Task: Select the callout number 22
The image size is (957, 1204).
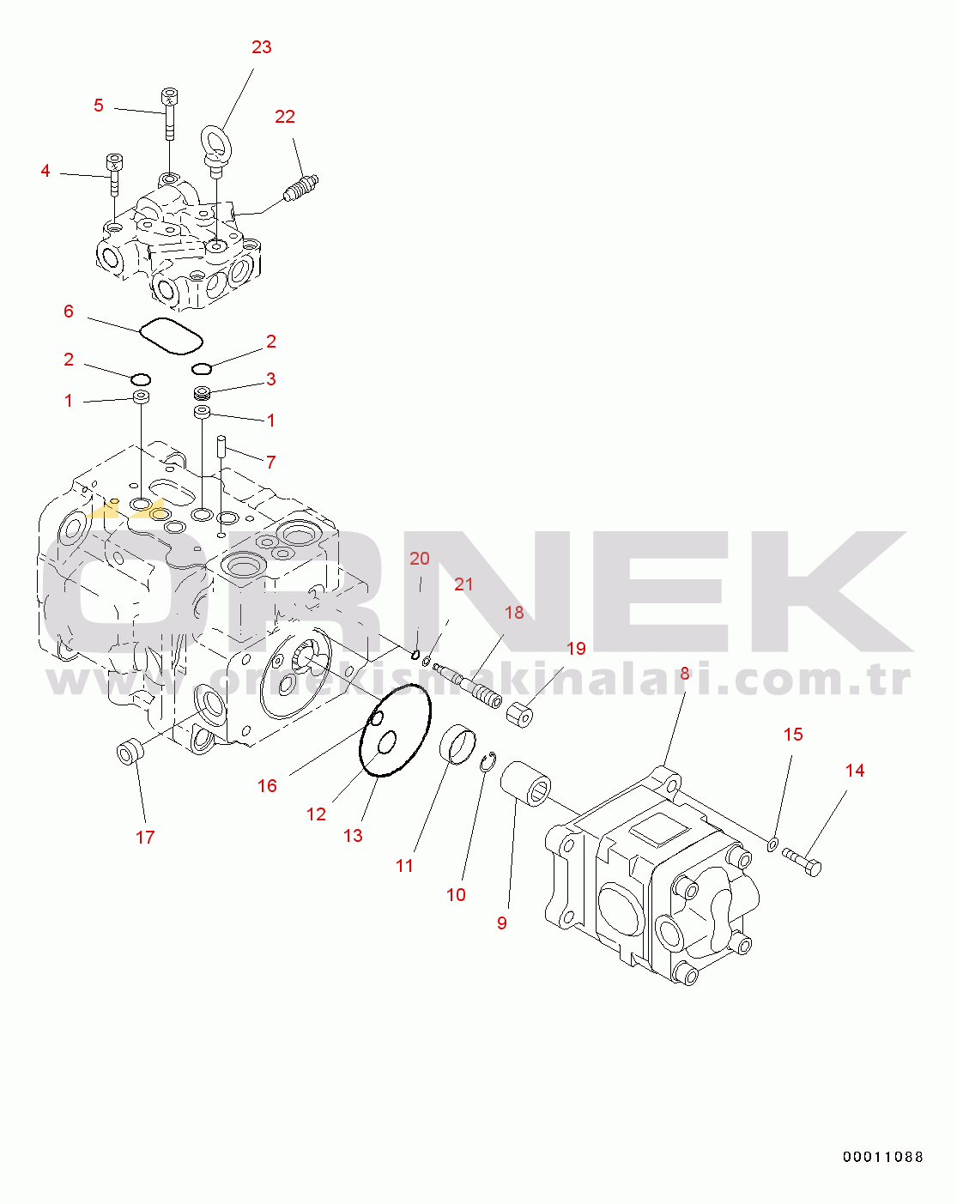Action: pos(285,117)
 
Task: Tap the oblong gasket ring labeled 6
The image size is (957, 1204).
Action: pos(171,336)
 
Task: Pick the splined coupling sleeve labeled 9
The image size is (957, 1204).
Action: pos(526,782)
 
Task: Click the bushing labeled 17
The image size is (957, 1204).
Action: pos(130,753)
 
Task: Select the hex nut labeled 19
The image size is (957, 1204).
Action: pos(521,714)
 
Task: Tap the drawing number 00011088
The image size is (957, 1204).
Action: pos(882,1157)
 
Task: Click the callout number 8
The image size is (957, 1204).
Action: pos(685,674)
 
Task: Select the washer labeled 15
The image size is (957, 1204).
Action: pos(772,845)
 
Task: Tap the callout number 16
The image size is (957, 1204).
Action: pos(267,786)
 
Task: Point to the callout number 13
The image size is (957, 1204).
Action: pos(353,836)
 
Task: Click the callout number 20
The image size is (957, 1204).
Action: pos(419,559)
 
